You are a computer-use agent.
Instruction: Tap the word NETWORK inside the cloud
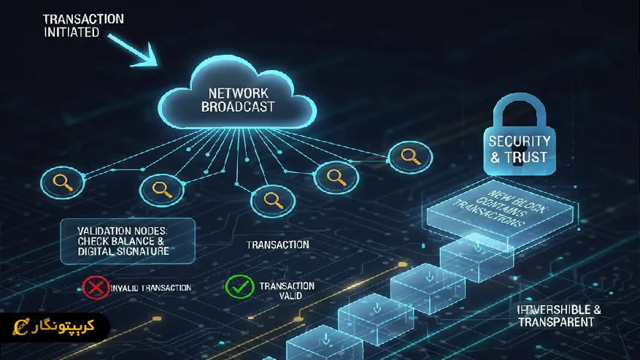(239, 93)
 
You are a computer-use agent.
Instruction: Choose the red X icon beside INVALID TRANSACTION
(95, 287)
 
